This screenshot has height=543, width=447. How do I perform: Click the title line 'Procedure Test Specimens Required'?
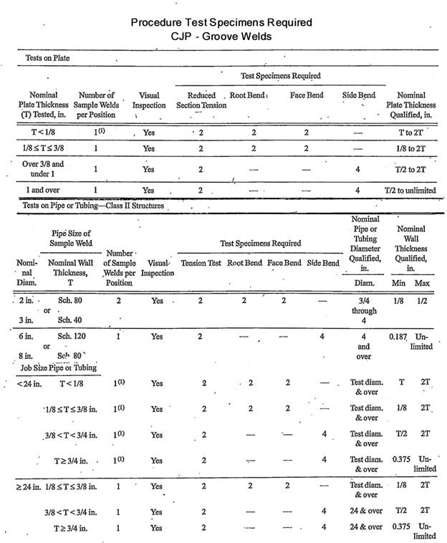[x=221, y=22]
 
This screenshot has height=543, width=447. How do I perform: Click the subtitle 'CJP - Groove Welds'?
[x=221, y=36]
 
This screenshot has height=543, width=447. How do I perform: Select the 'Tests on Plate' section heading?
[x=45, y=57]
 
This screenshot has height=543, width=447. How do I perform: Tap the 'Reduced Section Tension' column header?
[x=201, y=100]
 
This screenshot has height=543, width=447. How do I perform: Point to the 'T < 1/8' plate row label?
[x=44, y=132]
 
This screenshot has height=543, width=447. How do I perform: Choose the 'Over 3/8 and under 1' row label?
[x=42, y=169]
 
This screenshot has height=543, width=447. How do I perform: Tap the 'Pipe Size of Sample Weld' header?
[x=71, y=238]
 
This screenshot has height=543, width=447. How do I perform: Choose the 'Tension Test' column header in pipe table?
[x=202, y=263]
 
